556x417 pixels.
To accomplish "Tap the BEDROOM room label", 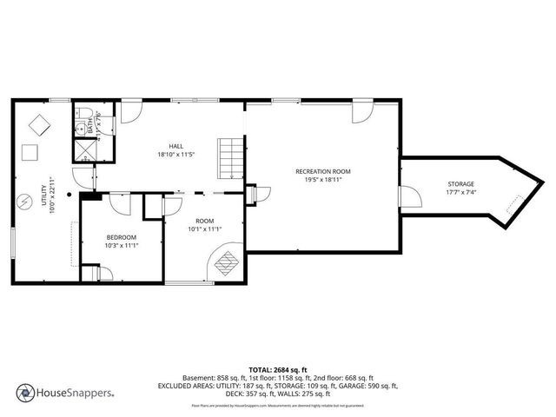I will [x=121, y=237].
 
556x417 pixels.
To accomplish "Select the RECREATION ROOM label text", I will [x=322, y=172].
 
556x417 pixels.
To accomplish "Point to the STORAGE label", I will [x=461, y=184].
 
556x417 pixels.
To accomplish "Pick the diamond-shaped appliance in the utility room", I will [x=37, y=124].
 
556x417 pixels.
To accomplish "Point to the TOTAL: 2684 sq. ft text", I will [x=277, y=369].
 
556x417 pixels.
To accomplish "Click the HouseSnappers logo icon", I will [x=25, y=392].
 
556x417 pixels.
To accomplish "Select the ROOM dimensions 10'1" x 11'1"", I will [x=205, y=229].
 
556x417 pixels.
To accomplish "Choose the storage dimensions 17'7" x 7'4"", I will [x=461, y=193].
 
